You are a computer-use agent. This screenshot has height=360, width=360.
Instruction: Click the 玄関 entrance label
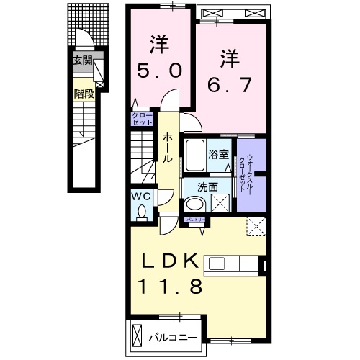click(x=82, y=61)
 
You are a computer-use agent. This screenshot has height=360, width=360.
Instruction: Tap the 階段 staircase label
click(x=83, y=93)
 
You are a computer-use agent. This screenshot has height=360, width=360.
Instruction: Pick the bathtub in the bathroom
click(x=195, y=153)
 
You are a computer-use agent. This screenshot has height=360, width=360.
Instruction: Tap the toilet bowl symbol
click(x=142, y=211)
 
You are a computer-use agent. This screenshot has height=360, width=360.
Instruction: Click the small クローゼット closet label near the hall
click(x=141, y=118)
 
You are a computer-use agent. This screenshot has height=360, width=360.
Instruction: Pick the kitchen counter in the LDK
click(x=234, y=264)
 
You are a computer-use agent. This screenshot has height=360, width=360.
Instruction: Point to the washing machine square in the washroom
click(x=225, y=202)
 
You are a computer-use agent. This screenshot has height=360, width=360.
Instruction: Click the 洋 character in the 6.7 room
click(x=228, y=56)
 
